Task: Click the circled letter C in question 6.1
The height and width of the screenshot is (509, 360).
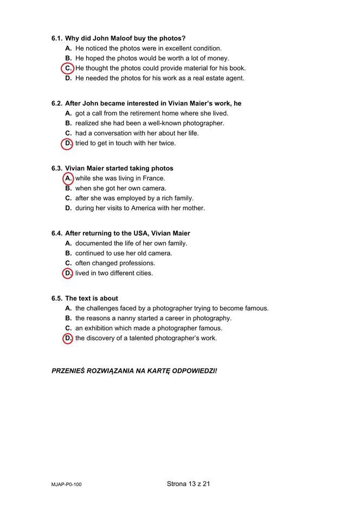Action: point(68,68)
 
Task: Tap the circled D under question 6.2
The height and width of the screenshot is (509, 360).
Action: point(68,143)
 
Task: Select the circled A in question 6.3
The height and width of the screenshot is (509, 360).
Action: point(68,178)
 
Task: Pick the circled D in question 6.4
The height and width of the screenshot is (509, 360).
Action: point(68,273)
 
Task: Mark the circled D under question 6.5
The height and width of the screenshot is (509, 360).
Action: point(68,338)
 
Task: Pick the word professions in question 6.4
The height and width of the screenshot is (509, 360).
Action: point(137,263)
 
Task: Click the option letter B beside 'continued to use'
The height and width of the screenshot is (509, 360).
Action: point(68,253)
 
